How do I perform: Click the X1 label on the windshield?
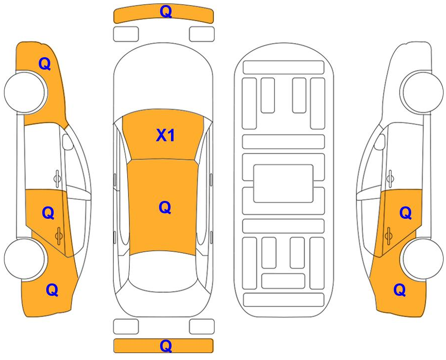(x=165, y=135)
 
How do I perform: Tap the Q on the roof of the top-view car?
(x=165, y=207)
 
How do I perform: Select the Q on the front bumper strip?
(x=166, y=11)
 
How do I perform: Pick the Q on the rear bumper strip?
(x=166, y=346)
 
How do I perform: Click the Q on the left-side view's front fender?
(x=45, y=64)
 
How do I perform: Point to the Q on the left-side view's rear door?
(x=48, y=213)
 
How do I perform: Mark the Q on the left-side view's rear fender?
(x=52, y=290)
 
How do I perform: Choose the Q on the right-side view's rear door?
(x=406, y=213)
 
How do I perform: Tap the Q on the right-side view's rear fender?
(x=400, y=290)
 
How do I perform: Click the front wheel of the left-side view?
(x=25, y=92)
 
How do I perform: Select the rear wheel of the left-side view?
(x=25, y=259)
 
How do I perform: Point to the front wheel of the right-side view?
(x=422, y=92)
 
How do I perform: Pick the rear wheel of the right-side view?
(x=422, y=259)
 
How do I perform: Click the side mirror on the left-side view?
(x=68, y=142)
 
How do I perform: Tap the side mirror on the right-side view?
(x=379, y=142)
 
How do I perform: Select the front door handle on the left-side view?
(x=57, y=179)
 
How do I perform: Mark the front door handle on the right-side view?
(x=390, y=179)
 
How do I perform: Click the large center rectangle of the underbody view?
(x=283, y=183)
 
